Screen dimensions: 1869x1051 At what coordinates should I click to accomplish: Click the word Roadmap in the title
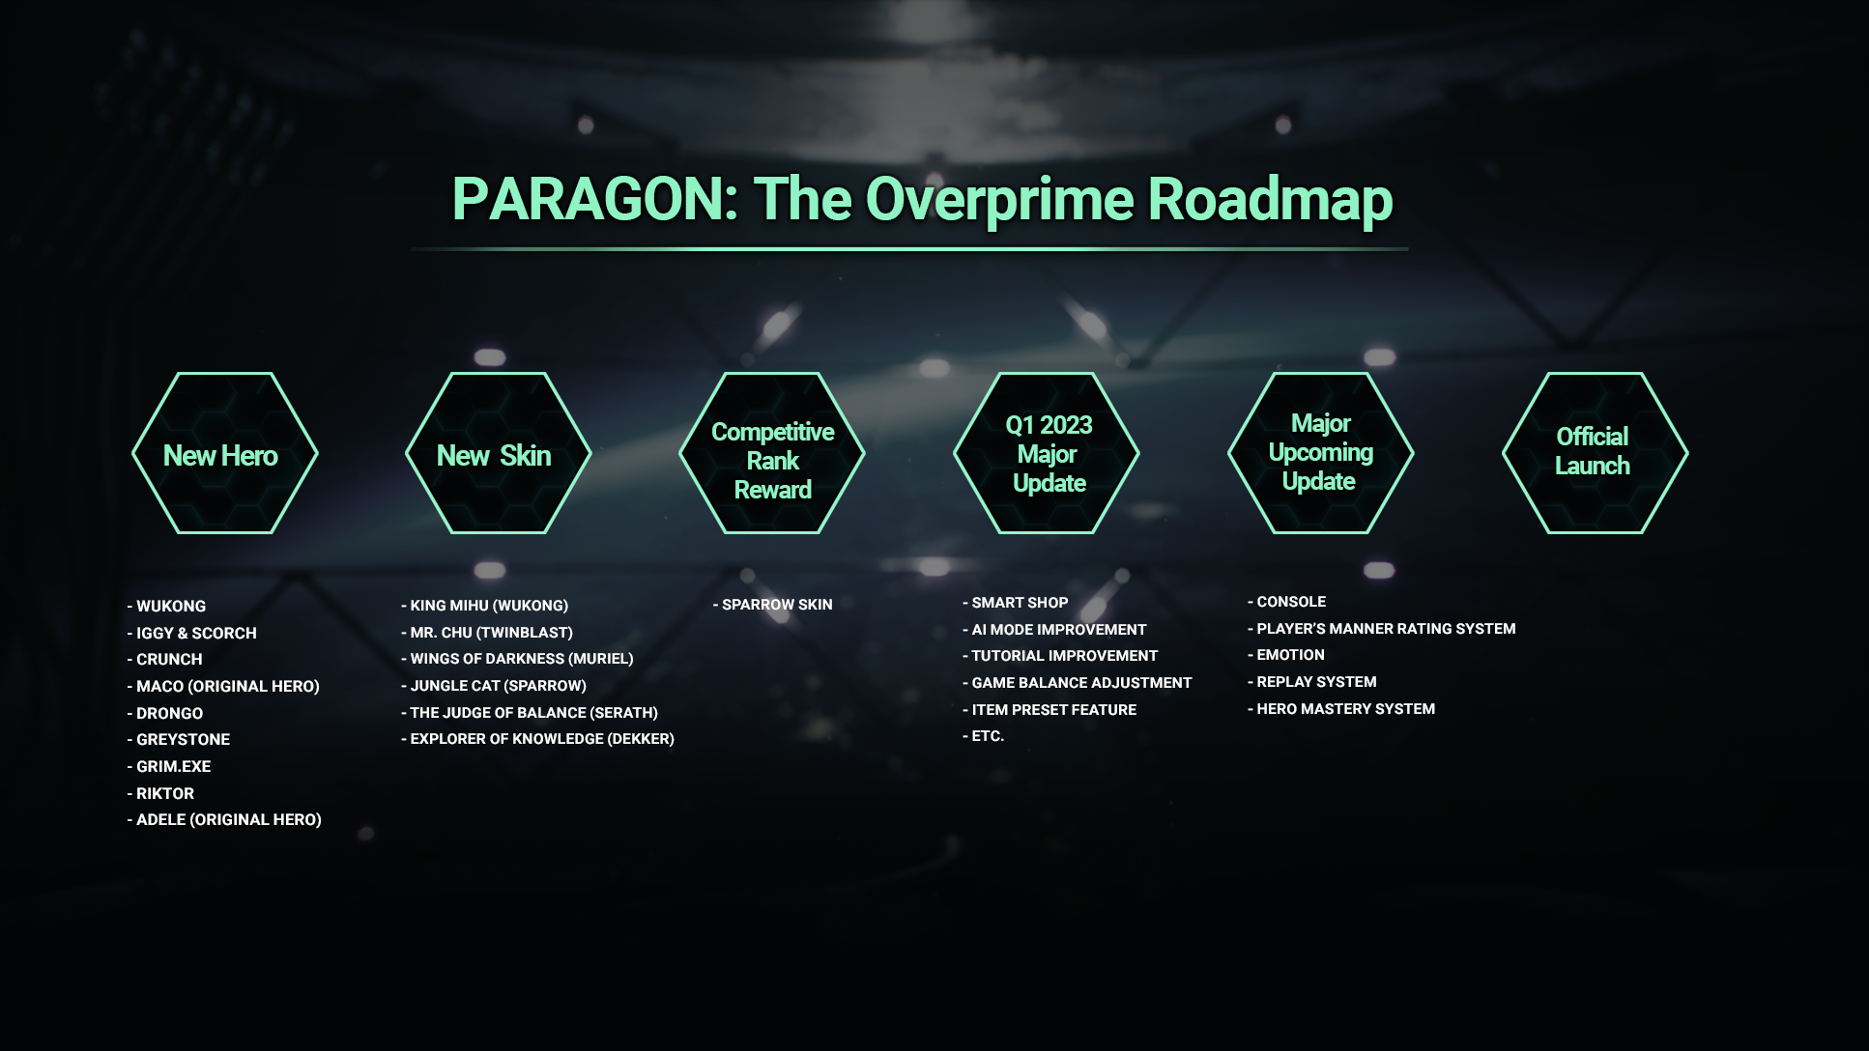(x=1270, y=199)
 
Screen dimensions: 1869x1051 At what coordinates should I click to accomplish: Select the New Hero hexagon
(x=225, y=453)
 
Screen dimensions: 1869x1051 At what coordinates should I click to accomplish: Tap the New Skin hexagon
(x=499, y=453)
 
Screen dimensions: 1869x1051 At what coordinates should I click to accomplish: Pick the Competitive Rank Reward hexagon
(x=772, y=453)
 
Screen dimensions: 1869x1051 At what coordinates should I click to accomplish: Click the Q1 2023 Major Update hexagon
(x=1047, y=453)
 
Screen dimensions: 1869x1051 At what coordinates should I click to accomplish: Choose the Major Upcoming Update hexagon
(x=1321, y=453)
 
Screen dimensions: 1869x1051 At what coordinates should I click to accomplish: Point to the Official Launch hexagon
(x=1596, y=453)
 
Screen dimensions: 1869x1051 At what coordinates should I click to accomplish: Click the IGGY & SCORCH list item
(x=192, y=633)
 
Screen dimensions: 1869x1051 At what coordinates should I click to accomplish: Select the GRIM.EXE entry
(x=169, y=766)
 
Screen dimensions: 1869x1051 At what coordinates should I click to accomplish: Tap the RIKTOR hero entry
(x=160, y=793)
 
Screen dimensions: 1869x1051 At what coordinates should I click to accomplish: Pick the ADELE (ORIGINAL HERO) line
(x=224, y=819)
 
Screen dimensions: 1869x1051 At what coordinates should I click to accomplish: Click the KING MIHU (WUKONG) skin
(x=485, y=605)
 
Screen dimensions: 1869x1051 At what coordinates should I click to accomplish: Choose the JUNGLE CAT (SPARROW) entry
(x=494, y=685)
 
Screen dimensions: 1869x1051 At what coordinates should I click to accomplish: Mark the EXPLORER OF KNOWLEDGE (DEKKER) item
(x=538, y=738)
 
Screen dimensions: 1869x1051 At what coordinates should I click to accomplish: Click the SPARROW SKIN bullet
(x=773, y=604)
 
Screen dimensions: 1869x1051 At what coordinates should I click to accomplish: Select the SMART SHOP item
(x=1016, y=602)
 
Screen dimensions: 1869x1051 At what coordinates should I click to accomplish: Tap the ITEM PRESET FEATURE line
(x=1050, y=709)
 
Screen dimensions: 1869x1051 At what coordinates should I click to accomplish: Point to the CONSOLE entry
(x=1287, y=601)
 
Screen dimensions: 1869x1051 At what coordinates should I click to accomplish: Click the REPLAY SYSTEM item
(x=1312, y=681)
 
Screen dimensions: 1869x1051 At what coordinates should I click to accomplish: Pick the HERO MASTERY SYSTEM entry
(x=1341, y=708)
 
